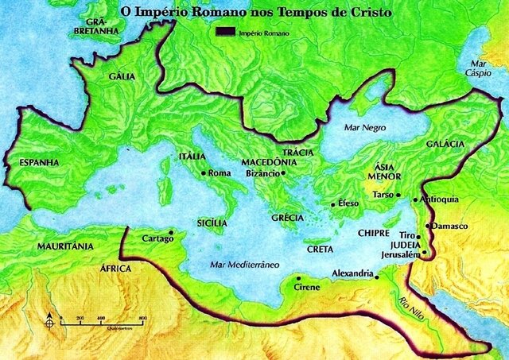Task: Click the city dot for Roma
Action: click(x=204, y=173)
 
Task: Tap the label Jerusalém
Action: click(x=400, y=255)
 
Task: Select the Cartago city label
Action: click(x=157, y=238)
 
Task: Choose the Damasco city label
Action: click(x=449, y=226)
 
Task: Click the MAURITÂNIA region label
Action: click(x=65, y=247)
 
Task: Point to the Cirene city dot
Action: click(x=297, y=278)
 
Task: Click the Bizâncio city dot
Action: click(x=282, y=173)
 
